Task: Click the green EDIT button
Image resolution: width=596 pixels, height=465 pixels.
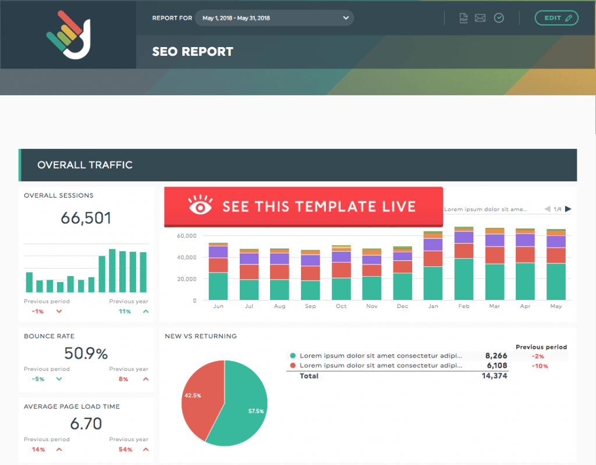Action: [x=556, y=18]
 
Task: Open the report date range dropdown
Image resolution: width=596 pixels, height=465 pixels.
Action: [x=274, y=18]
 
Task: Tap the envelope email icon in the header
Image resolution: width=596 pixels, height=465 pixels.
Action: [x=480, y=18]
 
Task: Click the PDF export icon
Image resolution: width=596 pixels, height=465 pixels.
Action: [x=464, y=18]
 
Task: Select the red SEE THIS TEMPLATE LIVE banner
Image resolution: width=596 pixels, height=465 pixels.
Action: [x=303, y=206]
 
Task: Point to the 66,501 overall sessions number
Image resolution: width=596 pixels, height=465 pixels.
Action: [x=86, y=219]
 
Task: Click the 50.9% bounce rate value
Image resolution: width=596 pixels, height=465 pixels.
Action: [x=86, y=353]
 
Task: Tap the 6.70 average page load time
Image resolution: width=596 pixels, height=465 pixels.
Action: [x=86, y=424]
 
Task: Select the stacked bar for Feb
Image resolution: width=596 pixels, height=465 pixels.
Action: [x=464, y=263]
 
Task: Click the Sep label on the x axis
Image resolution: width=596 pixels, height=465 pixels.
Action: [x=310, y=306]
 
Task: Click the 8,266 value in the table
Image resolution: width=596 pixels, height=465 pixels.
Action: [x=495, y=356]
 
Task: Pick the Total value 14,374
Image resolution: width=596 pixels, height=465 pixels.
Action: [x=495, y=376]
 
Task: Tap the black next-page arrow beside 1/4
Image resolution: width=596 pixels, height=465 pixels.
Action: [x=568, y=209]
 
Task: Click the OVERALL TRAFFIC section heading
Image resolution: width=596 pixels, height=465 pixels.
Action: [x=85, y=165]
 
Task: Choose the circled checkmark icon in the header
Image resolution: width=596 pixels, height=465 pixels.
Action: [x=499, y=18]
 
